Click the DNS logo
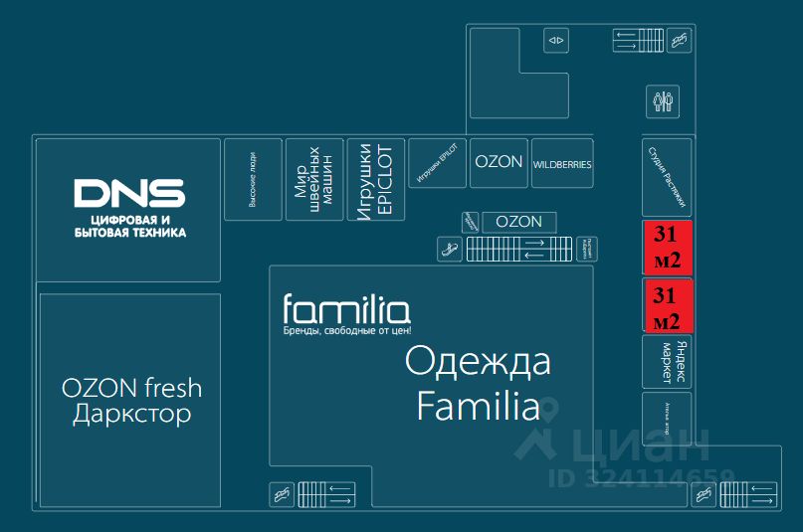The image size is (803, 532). point(129,194)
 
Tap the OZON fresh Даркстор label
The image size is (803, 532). point(131,400)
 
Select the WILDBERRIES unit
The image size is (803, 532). point(562,164)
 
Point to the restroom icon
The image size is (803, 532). point(664,100)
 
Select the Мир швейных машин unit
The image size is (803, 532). point(314,179)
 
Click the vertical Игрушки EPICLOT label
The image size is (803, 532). point(376,180)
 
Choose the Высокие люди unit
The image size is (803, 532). point(253,179)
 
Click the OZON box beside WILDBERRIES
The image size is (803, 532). point(499,162)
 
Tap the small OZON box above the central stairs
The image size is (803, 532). point(518,222)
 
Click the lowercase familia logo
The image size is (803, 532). point(346,309)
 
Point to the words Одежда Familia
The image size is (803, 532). point(478,383)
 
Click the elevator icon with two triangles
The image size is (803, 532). point(555,41)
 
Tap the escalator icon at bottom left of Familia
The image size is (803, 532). point(282,493)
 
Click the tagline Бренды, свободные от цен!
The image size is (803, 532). point(347,330)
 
